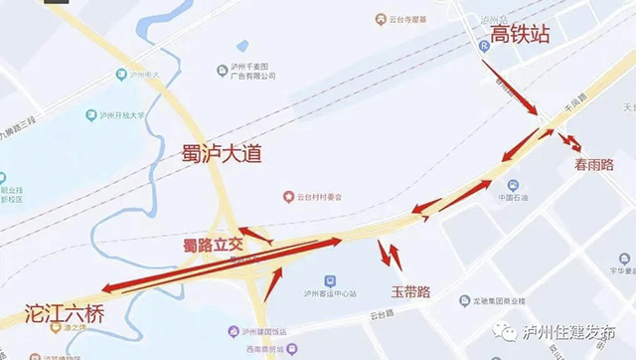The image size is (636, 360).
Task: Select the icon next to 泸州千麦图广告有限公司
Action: tap(223, 69)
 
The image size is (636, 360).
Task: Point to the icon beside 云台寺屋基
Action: tap(381, 19)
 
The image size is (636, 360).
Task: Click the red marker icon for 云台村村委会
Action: tap(288, 196)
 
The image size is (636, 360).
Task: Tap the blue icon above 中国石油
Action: tap(512, 185)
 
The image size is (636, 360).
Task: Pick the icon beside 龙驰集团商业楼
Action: tap(464, 300)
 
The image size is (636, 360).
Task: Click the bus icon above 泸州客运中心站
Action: tap(329, 281)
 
